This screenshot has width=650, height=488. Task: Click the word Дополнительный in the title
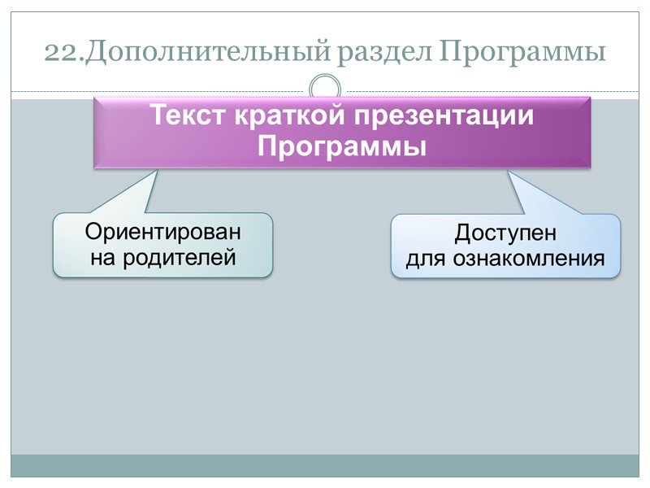[x=206, y=53]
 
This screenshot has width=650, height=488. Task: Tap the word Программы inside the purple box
[x=342, y=147]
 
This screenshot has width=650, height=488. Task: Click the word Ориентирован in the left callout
[x=163, y=232]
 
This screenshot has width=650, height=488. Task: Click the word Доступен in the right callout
[x=505, y=233]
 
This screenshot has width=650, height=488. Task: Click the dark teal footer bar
[x=325, y=465]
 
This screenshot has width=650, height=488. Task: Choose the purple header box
[x=342, y=132]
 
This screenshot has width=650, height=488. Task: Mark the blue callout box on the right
[x=505, y=246]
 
